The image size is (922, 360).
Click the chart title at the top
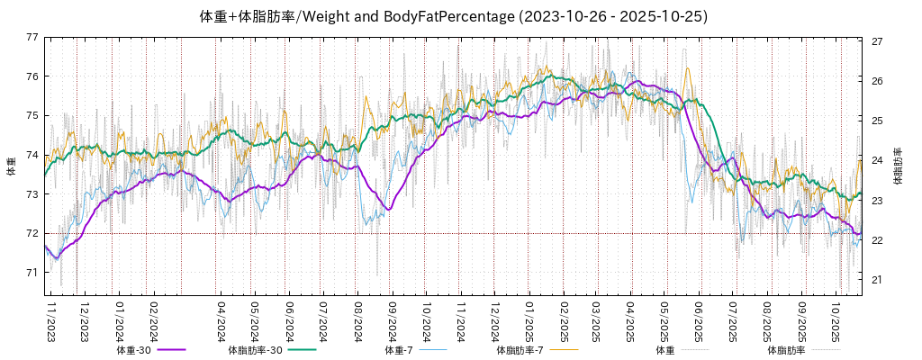pos(453,16)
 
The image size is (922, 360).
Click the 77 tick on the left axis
pos(33,37)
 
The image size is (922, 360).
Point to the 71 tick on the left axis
pos(33,273)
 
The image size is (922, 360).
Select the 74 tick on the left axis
pos(33,155)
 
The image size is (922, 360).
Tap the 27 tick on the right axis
pos(877,41)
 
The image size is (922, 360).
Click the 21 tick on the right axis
pos(877,280)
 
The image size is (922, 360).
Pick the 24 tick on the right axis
pos(877,161)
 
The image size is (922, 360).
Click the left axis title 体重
pos(11,166)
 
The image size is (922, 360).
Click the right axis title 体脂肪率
pos(898,166)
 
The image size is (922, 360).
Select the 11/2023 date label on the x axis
pos(50,321)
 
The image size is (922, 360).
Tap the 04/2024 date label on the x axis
pos(221,321)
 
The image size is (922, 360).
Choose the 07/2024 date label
pos(323,321)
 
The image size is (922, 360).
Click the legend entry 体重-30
pos(134,350)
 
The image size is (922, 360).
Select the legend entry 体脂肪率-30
pos(255,350)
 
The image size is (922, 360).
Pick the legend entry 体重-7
pos(398,350)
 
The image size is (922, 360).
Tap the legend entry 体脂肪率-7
pos(520,350)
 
